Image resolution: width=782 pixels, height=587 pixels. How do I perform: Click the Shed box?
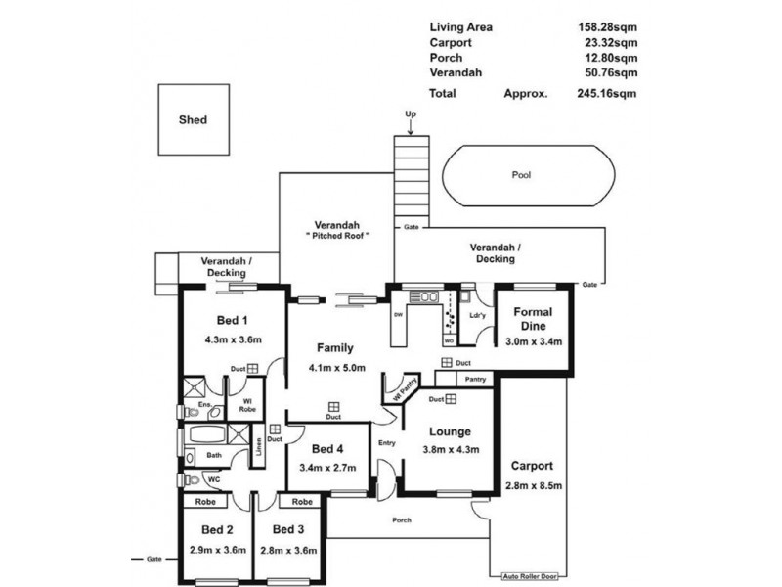[x=193, y=121]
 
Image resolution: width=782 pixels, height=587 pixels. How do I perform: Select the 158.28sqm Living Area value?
[x=609, y=27]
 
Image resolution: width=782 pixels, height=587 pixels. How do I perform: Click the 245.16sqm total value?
[x=609, y=95]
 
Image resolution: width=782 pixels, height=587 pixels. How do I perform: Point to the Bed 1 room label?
[x=232, y=321]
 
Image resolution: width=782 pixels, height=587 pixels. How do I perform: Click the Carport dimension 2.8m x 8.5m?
[x=531, y=486]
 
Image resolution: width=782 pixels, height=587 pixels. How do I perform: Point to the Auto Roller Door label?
[x=529, y=576]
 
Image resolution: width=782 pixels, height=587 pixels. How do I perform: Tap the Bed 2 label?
[x=215, y=530]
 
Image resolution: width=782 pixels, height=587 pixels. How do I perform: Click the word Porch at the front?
[x=399, y=519]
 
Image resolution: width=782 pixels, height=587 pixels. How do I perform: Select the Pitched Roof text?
[x=334, y=237]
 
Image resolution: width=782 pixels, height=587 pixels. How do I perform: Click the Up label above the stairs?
[x=411, y=114]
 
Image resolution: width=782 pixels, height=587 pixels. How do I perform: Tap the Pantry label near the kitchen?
[x=475, y=379]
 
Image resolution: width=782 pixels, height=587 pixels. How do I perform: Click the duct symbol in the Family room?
[x=333, y=405]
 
